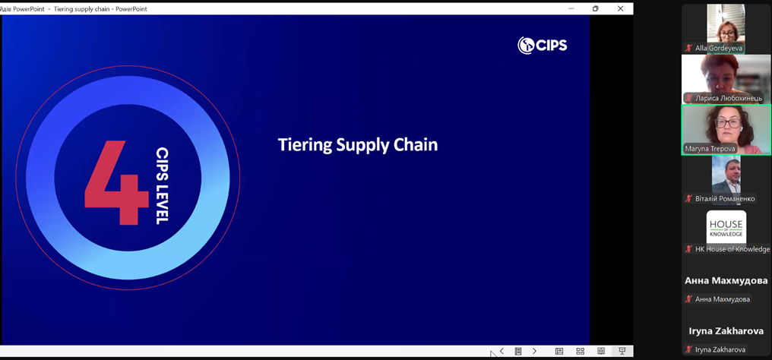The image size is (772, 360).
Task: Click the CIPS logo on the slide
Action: pyautogui.click(x=543, y=46)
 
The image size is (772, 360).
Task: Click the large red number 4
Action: pyautogui.click(x=117, y=182)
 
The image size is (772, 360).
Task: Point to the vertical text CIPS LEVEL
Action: pyautogui.click(x=162, y=185)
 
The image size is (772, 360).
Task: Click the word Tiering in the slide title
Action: pyautogui.click(x=305, y=146)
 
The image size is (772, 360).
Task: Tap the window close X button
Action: pyautogui.click(x=620, y=8)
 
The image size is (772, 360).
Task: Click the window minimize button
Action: pyautogui.click(x=571, y=8)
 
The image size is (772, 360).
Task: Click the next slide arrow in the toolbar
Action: pyautogui.click(x=535, y=351)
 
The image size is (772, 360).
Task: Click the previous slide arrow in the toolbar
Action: pyautogui.click(x=501, y=351)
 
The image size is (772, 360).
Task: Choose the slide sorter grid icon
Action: pyautogui.click(x=580, y=351)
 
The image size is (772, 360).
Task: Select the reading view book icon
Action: pyautogui.click(x=601, y=351)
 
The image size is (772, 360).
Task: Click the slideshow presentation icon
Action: pyautogui.click(x=622, y=351)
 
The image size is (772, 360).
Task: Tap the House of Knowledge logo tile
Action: pyautogui.click(x=726, y=227)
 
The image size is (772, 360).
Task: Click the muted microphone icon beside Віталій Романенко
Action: pyautogui.click(x=688, y=199)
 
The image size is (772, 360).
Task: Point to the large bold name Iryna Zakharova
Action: pyautogui.click(x=726, y=331)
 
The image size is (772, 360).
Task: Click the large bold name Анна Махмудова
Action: pyautogui.click(x=726, y=281)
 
